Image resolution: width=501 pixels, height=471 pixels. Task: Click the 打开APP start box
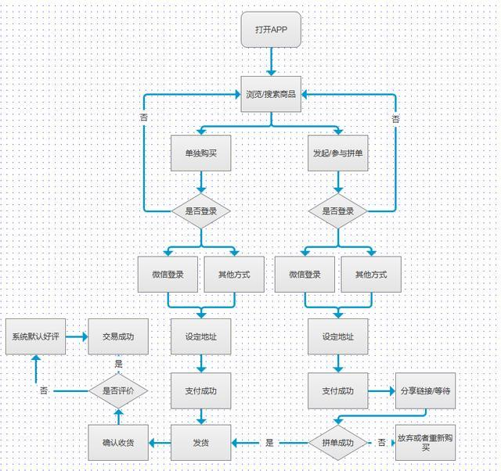271,30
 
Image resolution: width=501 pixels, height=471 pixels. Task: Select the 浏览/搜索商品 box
271,94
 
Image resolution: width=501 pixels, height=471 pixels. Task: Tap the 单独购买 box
201,153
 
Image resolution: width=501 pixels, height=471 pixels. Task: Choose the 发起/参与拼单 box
338,153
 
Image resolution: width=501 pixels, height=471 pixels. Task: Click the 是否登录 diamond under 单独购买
201,211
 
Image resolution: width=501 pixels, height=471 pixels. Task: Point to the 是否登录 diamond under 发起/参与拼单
338,211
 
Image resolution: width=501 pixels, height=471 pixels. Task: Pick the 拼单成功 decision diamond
338,443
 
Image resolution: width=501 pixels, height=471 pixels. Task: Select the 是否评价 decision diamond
118,391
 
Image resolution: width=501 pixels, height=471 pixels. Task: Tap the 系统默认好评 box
36,336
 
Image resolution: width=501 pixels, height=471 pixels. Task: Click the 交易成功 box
118,336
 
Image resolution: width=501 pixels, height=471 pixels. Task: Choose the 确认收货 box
118,443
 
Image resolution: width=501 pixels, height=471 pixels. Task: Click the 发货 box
201,443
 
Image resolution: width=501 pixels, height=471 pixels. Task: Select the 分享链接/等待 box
426,391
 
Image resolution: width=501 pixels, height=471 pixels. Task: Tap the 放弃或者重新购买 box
426,443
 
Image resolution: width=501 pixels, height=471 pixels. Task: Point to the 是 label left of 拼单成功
269,443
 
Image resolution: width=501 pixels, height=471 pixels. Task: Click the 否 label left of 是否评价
44,390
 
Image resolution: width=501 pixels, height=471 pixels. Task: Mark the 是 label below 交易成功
118,364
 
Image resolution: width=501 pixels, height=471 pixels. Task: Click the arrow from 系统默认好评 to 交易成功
77,336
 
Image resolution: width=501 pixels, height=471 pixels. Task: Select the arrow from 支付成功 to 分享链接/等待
382,391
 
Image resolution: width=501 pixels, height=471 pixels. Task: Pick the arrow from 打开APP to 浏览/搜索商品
271,62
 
